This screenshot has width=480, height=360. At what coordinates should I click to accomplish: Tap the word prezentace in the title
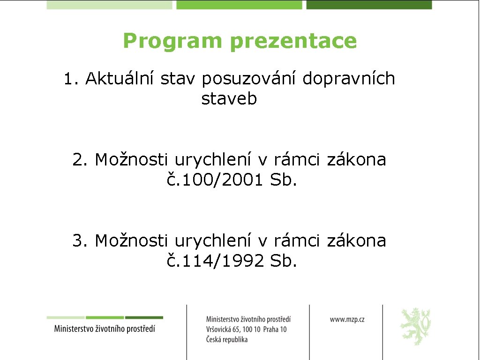pyautogui.click(x=293, y=41)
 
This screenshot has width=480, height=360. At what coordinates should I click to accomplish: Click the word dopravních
pyautogui.click(x=349, y=79)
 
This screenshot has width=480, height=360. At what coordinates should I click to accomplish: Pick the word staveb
pyautogui.click(x=229, y=99)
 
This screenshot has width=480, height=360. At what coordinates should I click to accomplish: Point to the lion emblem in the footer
pyautogui.click(x=415, y=326)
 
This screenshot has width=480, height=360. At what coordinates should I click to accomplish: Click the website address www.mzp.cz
pyautogui.click(x=347, y=319)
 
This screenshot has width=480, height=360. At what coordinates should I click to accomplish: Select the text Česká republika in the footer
pyautogui.click(x=227, y=340)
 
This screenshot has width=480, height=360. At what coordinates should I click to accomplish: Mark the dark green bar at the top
pyautogui.click(x=369, y=5)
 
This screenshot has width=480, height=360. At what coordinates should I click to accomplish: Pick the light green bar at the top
pyautogui.click(x=110, y=5)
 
